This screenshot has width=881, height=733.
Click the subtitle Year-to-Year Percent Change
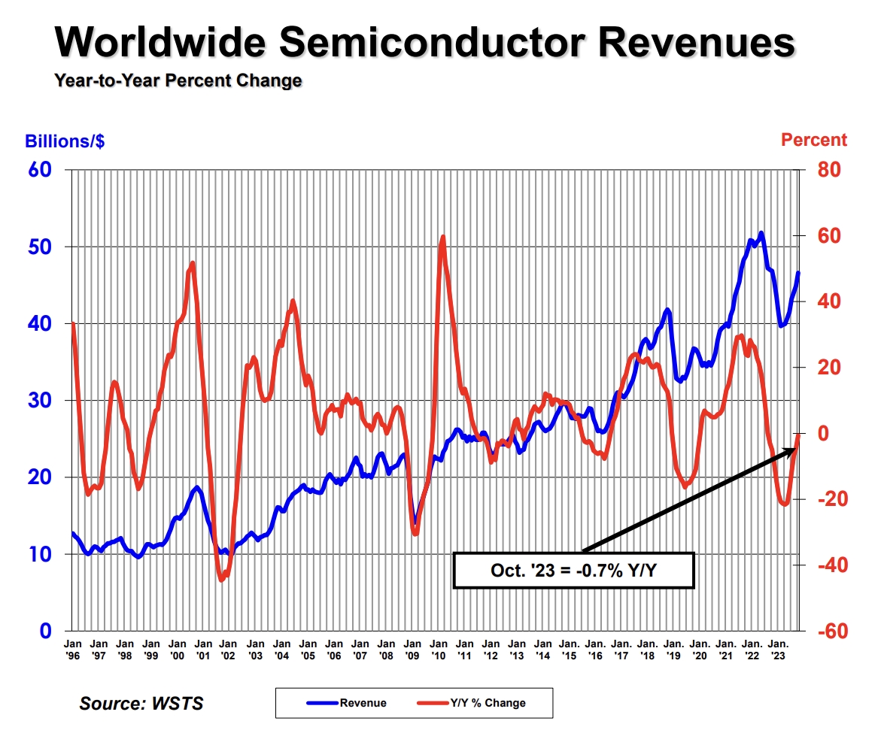178,80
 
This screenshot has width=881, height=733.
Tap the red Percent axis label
813,140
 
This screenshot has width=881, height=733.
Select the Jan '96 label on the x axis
73,649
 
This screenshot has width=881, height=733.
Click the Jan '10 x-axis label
439,649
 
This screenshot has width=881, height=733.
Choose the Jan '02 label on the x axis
229,649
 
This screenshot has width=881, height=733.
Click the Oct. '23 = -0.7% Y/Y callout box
573,571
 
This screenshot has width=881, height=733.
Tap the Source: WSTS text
141,704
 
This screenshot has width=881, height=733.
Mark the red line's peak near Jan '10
442,238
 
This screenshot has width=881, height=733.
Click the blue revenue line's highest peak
761,234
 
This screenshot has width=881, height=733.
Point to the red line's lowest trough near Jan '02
222,580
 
